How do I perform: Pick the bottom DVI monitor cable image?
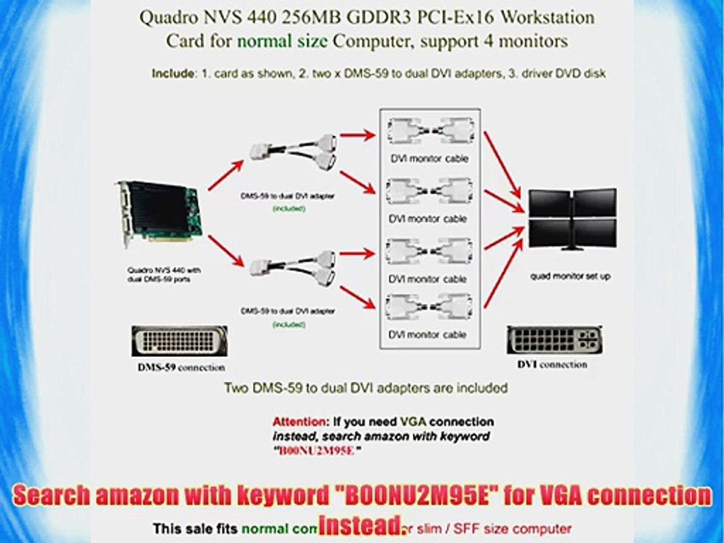(x=429, y=307)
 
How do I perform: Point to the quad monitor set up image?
(x=572, y=219)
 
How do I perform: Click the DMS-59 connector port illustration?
(x=179, y=341)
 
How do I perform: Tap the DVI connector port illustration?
(x=554, y=340)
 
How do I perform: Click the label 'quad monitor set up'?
(x=571, y=276)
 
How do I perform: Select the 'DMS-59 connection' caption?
(x=182, y=368)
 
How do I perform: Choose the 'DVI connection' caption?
(x=552, y=365)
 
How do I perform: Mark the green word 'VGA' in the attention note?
(x=413, y=421)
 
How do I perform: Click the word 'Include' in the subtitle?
(x=173, y=73)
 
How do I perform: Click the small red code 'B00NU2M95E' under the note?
(x=317, y=450)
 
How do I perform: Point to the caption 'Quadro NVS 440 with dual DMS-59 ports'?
(x=164, y=275)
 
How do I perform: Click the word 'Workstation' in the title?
(x=548, y=18)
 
